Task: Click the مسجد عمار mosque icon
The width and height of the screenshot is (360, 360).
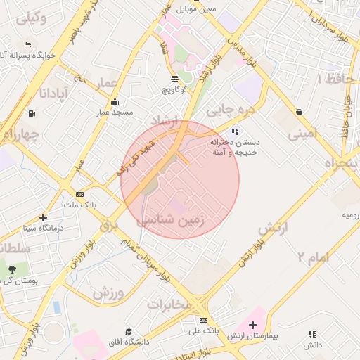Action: click(x=115, y=101)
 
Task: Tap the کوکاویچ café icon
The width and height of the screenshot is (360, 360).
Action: click(x=174, y=79)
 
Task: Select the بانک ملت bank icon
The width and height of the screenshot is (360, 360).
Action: click(x=79, y=194)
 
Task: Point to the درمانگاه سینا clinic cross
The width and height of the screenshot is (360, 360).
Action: click(x=44, y=218)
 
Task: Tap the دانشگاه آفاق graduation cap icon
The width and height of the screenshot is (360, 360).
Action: click(x=128, y=331)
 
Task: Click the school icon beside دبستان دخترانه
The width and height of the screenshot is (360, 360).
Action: click(x=235, y=131)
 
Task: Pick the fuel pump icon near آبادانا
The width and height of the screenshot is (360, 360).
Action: click(x=32, y=114)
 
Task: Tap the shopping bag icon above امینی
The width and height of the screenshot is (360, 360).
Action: click(x=300, y=112)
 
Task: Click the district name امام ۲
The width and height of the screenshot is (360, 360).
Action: click(x=313, y=257)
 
